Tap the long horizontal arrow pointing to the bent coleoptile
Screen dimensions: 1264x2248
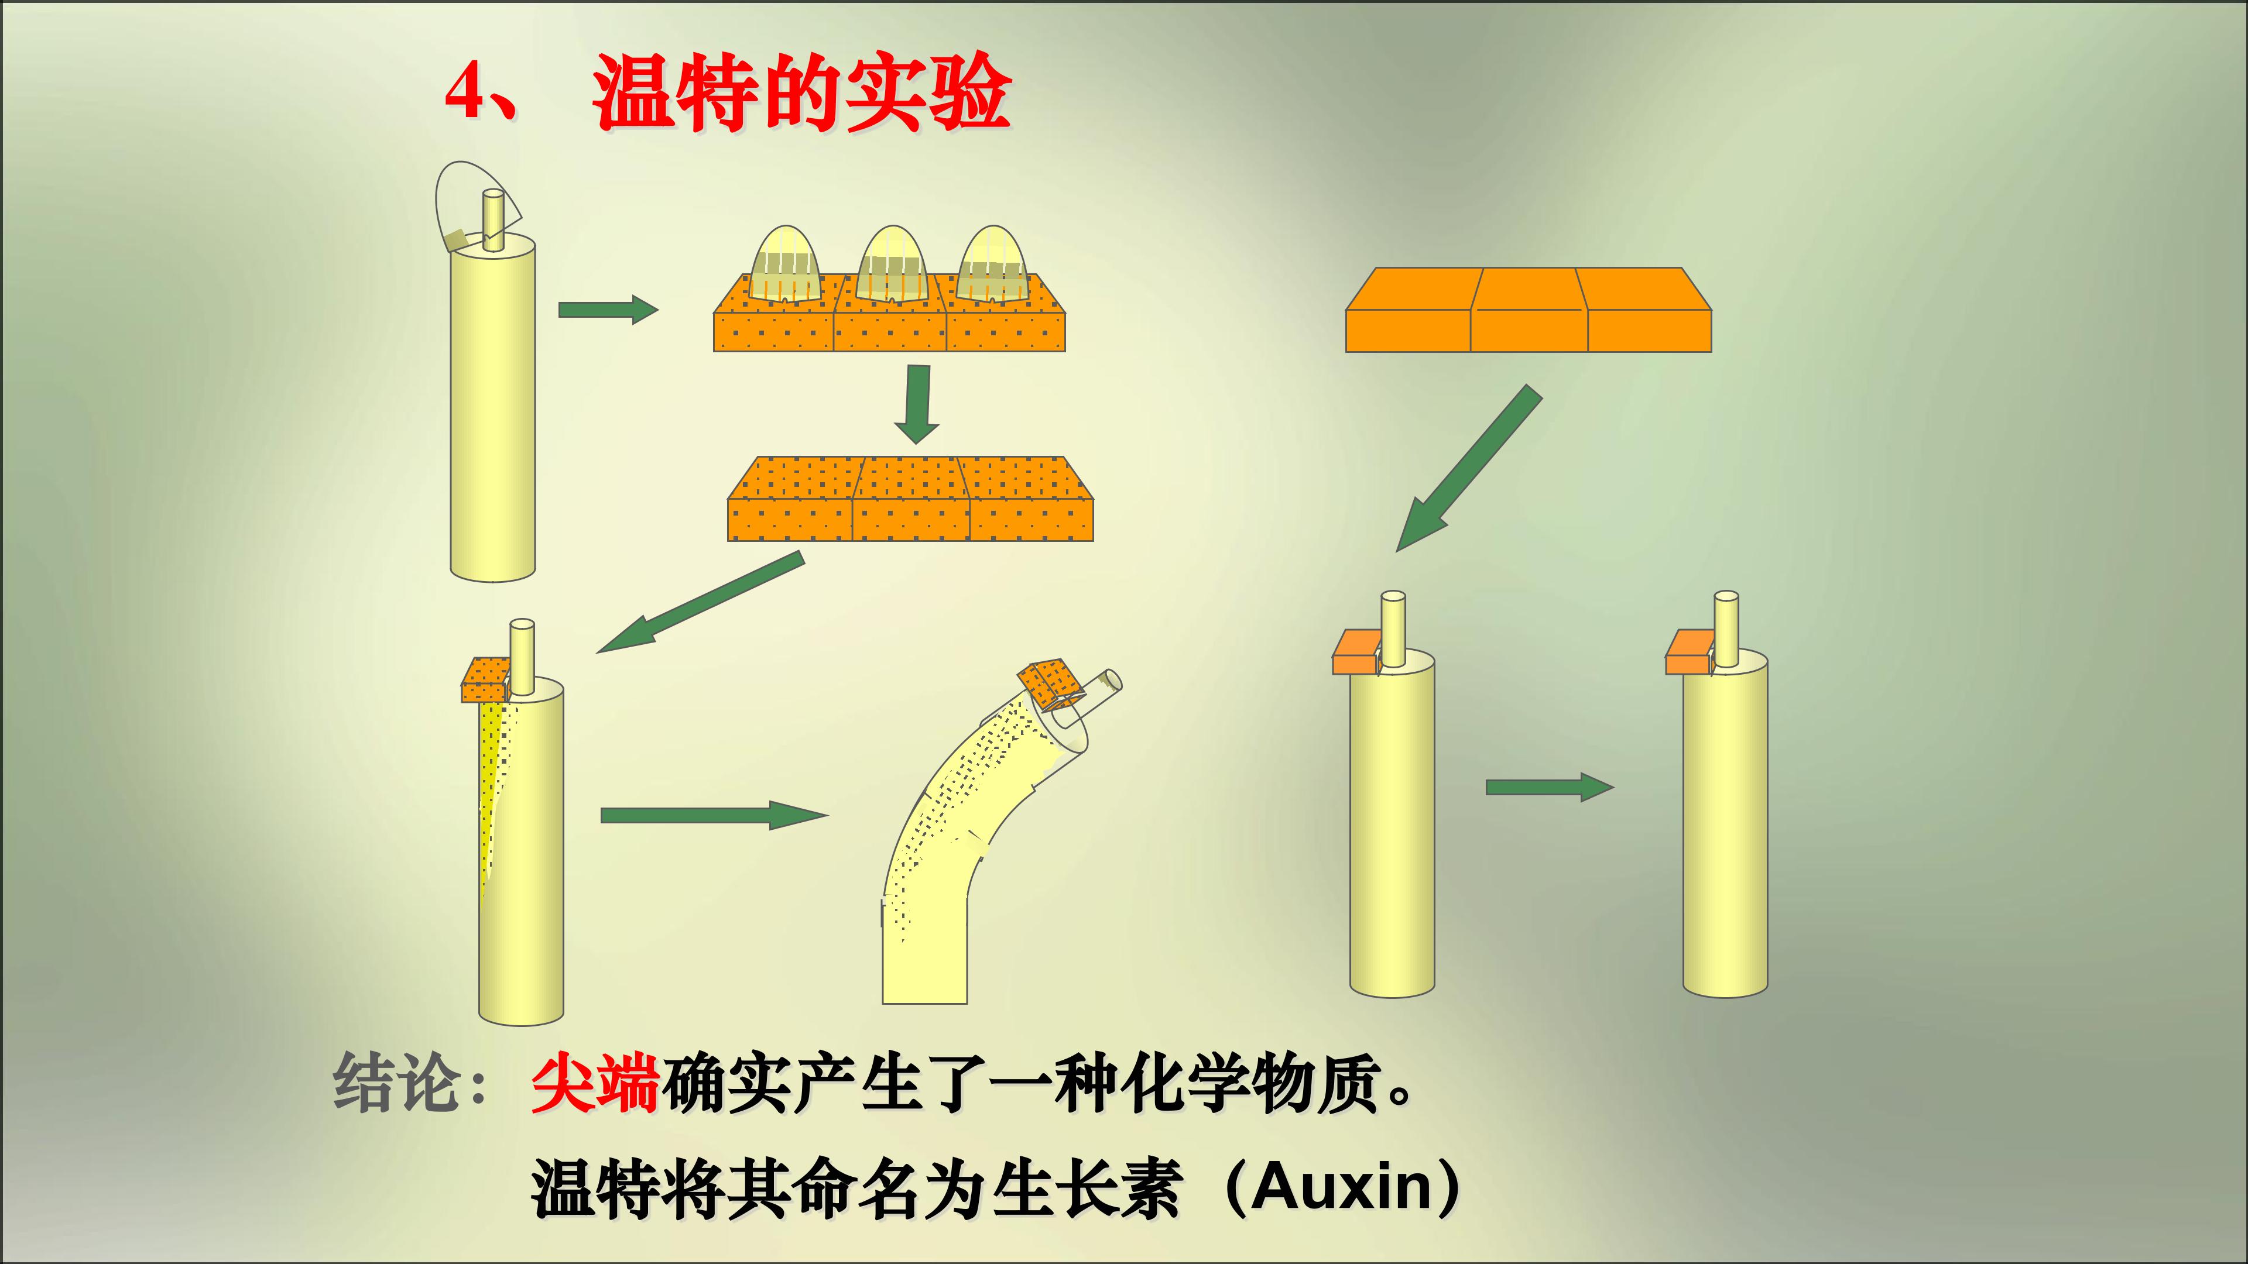[712, 815]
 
